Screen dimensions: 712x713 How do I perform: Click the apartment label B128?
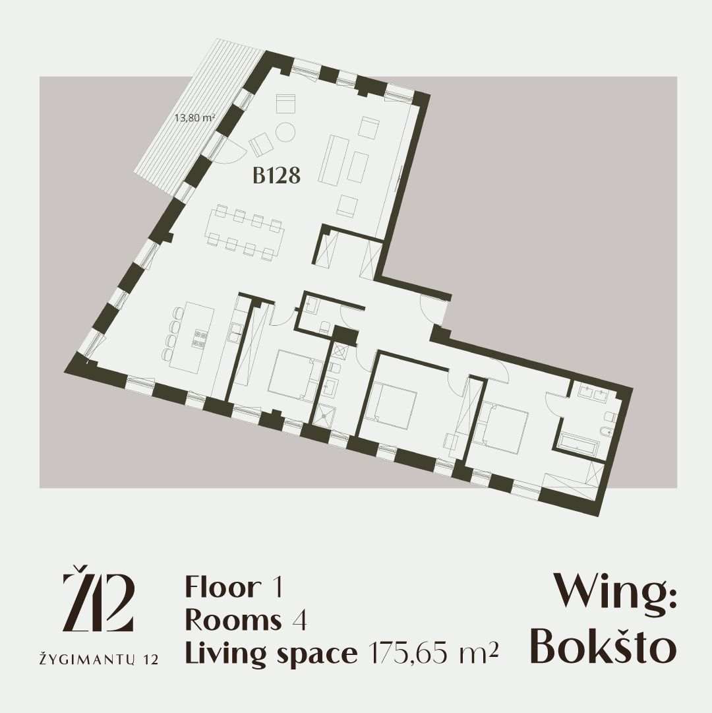click(x=276, y=175)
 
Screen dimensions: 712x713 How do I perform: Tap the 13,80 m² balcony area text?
click(x=195, y=118)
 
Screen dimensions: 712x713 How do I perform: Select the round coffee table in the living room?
click(x=286, y=133)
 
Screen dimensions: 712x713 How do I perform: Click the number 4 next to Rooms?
click(x=299, y=620)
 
